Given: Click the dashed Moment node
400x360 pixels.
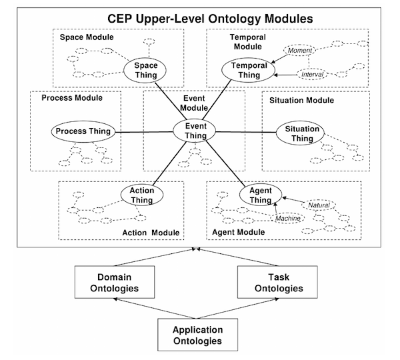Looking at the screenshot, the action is (300, 51).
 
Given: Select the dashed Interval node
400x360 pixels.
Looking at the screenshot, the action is (312, 74).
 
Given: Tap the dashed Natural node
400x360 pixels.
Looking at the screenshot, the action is (319, 205).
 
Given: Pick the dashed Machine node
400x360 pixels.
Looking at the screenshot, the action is (288, 218).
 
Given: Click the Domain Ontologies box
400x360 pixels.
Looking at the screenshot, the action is (115, 282).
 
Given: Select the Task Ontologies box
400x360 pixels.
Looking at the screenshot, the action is (277, 282).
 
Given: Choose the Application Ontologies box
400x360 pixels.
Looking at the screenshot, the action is (198, 335).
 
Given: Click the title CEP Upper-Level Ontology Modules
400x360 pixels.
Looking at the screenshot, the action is (210, 19).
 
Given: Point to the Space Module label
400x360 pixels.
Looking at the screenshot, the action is (87, 37).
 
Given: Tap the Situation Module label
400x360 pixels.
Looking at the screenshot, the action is (301, 100).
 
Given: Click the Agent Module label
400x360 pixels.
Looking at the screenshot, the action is (239, 232).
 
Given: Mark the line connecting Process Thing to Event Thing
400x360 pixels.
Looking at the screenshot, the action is (144, 132).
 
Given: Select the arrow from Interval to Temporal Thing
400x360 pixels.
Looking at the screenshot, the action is (285, 75).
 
